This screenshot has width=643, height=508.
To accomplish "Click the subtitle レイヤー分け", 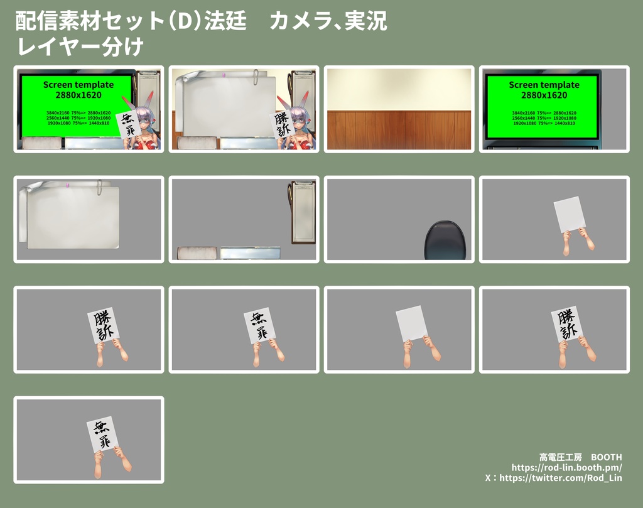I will [81, 46].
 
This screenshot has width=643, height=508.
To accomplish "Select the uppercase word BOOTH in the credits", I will [606, 457].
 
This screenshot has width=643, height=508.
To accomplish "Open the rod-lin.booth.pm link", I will [566, 467].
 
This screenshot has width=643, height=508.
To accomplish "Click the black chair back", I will [445, 240].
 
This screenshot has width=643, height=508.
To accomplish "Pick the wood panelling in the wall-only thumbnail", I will [399, 130].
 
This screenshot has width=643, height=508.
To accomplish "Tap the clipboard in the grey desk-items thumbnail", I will [303, 212].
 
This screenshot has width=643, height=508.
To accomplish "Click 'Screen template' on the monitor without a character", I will [544, 85].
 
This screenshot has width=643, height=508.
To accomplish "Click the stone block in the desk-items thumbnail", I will [197, 253].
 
